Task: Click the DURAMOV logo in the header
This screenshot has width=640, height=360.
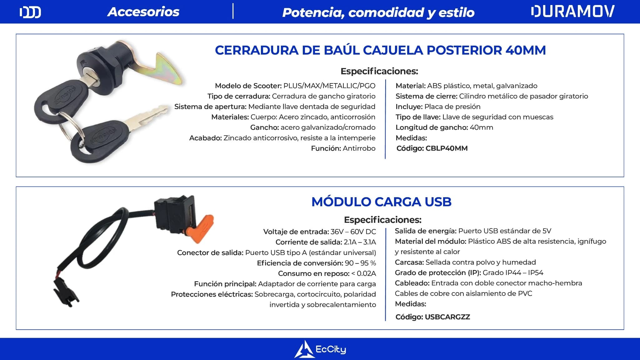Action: point(572,12)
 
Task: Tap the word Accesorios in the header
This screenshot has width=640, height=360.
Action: point(143,12)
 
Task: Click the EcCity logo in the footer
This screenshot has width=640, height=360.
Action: point(320,349)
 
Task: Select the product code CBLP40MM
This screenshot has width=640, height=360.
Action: point(447,148)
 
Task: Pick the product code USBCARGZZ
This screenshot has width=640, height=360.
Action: point(447,317)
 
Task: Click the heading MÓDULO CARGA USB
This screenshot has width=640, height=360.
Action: point(382,202)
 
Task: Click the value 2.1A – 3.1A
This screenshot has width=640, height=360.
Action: point(360,242)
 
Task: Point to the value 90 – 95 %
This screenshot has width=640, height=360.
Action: point(360,263)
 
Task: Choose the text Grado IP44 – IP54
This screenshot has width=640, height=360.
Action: point(513,272)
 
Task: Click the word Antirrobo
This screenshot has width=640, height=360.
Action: point(359,148)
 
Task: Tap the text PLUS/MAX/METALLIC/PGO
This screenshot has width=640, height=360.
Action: point(329,86)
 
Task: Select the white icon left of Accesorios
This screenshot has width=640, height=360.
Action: point(30,12)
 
